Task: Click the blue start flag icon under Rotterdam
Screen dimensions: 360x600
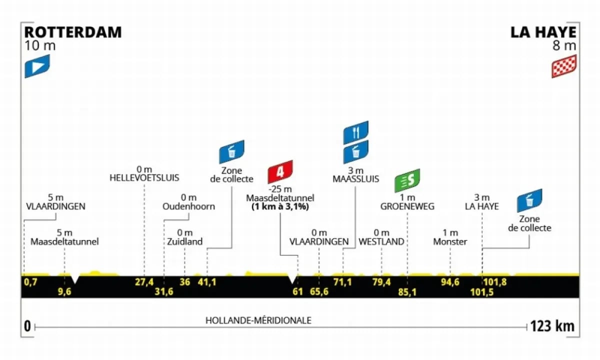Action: (37, 66)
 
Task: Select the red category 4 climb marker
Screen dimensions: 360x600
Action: (280, 172)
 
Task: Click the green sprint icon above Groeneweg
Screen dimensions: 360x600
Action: (407, 181)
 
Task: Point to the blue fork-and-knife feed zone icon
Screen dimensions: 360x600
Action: (355, 132)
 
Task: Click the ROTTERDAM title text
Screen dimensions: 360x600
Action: (73, 32)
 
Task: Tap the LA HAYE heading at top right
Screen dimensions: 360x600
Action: (543, 32)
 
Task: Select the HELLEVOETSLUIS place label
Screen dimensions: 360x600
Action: (144, 177)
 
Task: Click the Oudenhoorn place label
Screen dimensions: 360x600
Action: (188, 206)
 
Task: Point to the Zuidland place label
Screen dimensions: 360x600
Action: (185, 241)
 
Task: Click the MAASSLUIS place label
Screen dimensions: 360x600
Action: (355, 178)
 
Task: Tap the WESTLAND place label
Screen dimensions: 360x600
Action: (381, 241)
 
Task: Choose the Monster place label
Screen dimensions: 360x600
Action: (450, 241)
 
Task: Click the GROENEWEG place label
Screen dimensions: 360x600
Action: (407, 206)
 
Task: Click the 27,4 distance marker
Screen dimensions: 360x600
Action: (144, 282)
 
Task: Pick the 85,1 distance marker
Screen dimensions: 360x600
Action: (407, 291)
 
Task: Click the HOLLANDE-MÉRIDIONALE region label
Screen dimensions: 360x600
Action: (258, 320)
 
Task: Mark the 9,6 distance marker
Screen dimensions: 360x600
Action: (65, 291)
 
